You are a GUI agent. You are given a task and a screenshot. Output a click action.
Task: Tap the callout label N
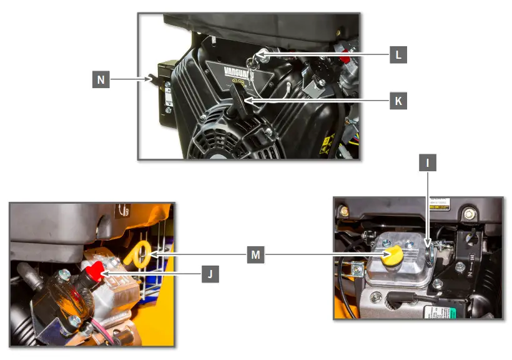pos(101,79)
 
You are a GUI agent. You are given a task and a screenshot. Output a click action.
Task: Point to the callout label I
pos(428,164)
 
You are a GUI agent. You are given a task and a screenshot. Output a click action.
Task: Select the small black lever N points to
pos(152,79)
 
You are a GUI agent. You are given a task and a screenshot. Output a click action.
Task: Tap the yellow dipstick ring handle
pos(139,254)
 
